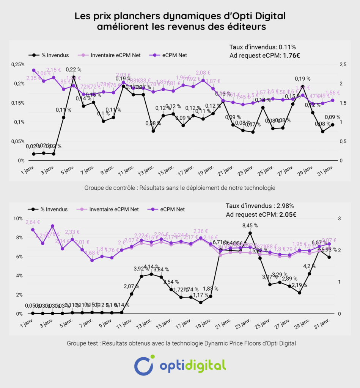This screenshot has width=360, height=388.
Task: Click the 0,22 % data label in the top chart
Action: click(73, 69)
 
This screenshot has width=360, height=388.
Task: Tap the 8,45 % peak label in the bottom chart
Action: click(250, 225)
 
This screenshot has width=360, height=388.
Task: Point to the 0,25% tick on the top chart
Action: click(17, 64)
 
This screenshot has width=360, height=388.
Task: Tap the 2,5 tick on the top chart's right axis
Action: click(343, 64)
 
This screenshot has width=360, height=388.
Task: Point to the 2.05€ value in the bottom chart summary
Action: click(288, 214)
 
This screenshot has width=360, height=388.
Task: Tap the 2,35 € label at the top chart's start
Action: click(34, 78)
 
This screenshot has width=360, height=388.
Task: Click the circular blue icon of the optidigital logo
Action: click(144, 365)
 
